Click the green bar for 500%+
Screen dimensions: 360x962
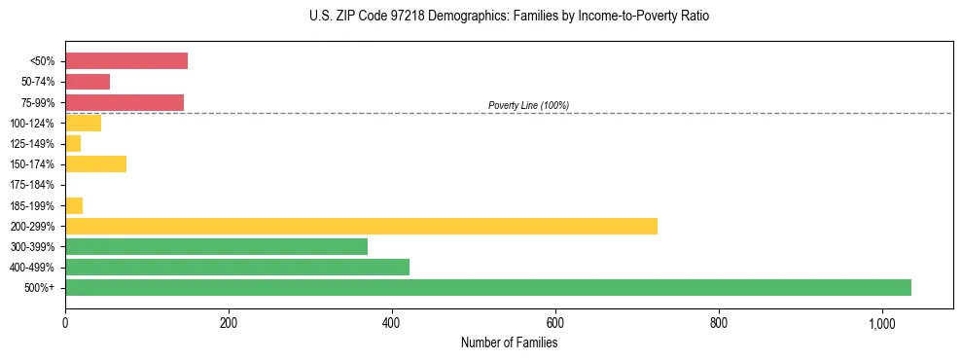[x=487, y=287]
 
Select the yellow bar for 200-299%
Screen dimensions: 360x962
[x=361, y=226]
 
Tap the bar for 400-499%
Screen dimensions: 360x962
[x=237, y=267]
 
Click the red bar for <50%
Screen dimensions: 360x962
[x=126, y=60]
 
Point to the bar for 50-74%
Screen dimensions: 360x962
[x=88, y=82]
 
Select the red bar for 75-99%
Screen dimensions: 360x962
[x=125, y=102]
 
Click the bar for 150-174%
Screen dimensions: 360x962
[x=95, y=163]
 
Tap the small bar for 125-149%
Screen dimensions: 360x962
[x=73, y=143]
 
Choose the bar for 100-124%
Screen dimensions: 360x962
[x=83, y=123]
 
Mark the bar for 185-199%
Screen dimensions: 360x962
[x=74, y=205]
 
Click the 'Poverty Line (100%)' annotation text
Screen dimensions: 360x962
[x=528, y=105]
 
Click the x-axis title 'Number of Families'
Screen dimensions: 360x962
[x=509, y=342]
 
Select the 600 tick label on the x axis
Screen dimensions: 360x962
[x=555, y=322]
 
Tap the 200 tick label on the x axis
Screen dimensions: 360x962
[x=229, y=322]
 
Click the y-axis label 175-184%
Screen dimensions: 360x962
[x=32, y=185]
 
